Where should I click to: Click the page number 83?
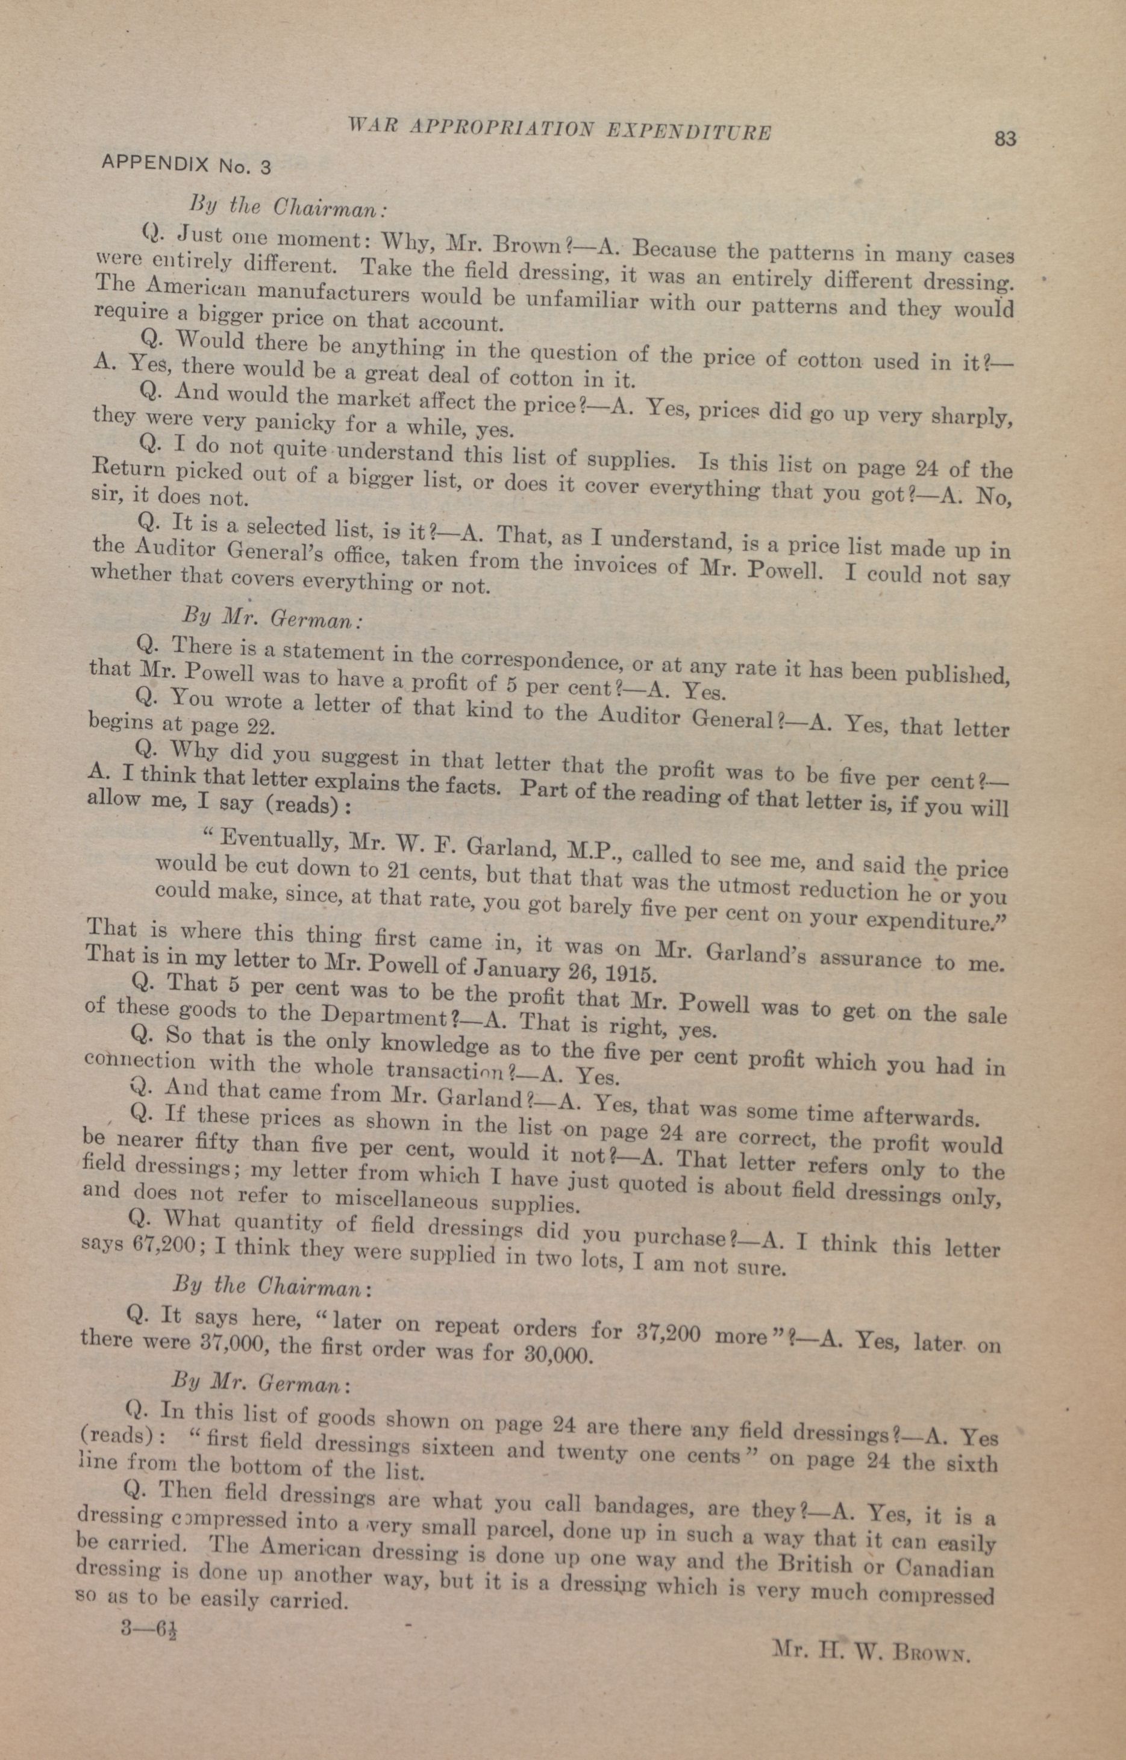[x=1006, y=138]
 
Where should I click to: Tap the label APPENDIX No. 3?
[x=186, y=165]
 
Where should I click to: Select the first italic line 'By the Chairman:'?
[x=287, y=207]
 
